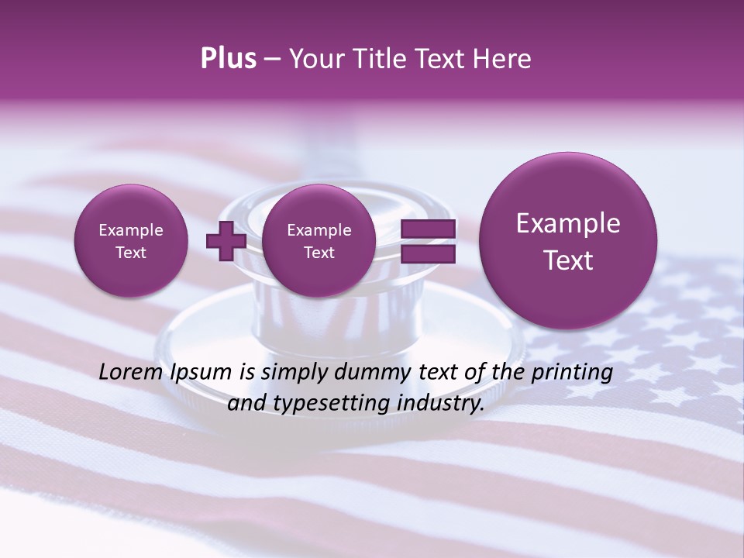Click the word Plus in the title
pos(228,59)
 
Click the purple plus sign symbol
pos(226,241)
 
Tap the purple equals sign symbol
pos(428,241)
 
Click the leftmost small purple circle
pos(131,241)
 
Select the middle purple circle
pos(319,241)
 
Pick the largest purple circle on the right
pos(568,241)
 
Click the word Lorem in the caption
pos(130,372)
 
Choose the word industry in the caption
pos(442,404)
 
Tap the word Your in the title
pos(313,59)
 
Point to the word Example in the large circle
pos(568,224)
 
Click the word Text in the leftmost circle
pos(131,253)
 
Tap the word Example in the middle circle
pos(319,230)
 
